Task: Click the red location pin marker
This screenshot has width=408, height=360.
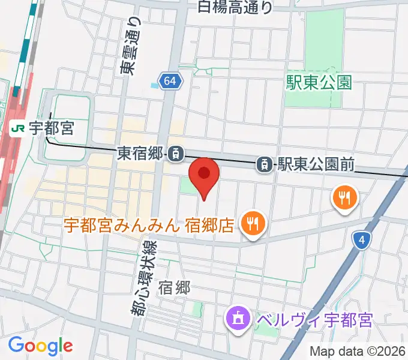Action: pyautogui.click(x=204, y=175)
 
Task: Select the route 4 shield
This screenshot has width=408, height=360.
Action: pyautogui.click(x=361, y=241)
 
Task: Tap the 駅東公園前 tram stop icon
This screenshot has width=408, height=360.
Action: pyautogui.click(x=264, y=163)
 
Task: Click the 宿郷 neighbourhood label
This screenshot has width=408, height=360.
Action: pyautogui.click(x=175, y=288)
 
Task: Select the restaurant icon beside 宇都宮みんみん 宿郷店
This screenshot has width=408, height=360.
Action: pyautogui.click(x=251, y=225)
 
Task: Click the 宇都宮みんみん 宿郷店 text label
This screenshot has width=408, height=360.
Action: pyautogui.click(x=149, y=226)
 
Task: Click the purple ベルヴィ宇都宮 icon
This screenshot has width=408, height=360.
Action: pyautogui.click(x=238, y=318)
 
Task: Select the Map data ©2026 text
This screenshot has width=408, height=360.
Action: pyautogui.click(x=358, y=351)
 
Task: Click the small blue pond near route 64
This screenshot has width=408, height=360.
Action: pyautogui.click(x=155, y=85)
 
